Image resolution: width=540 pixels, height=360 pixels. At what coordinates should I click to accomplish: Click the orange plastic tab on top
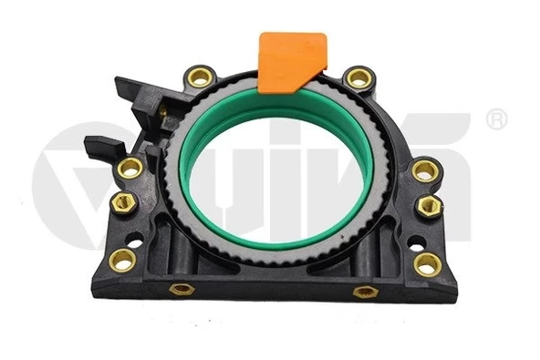291,62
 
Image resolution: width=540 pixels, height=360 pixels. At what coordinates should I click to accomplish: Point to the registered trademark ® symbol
496,119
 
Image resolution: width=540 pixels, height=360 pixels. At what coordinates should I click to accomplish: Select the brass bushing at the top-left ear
201,77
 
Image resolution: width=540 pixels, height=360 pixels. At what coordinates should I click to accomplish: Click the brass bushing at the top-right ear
358,77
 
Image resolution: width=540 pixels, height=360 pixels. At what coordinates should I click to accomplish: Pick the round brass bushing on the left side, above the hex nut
130,169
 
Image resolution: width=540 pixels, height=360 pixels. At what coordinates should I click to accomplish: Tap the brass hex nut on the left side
123,203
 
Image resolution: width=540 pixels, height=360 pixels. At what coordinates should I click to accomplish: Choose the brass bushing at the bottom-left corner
122,260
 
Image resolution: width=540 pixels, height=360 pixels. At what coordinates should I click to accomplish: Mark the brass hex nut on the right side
430,206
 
